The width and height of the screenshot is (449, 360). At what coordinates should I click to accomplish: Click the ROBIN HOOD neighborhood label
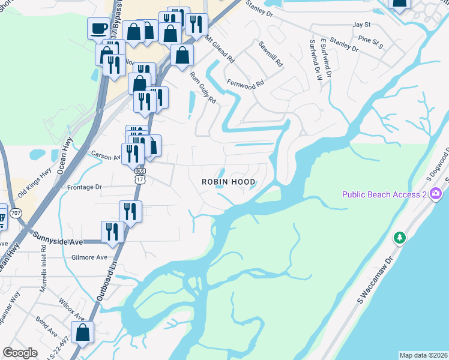228,181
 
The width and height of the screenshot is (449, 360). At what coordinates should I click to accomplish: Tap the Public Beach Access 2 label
384,194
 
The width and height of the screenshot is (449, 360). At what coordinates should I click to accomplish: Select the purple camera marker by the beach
436,194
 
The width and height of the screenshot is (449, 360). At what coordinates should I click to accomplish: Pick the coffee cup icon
98,28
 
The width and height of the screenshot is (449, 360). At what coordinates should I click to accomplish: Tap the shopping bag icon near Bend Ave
82,332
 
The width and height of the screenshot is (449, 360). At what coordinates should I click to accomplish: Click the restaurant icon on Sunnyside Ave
112,231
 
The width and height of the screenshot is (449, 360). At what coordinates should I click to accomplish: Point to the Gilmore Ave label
89,257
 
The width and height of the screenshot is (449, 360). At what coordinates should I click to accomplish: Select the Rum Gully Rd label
202,88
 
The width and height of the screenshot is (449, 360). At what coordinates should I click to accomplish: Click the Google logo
20,352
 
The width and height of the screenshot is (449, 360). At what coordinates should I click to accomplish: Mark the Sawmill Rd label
270,54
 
